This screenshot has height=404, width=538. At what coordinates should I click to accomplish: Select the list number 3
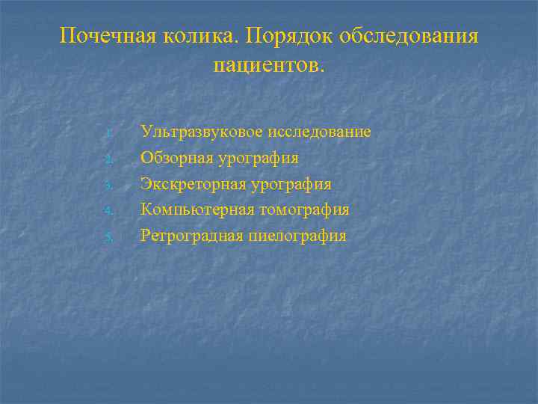point(108,186)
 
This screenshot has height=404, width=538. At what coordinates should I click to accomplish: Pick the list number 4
point(108,211)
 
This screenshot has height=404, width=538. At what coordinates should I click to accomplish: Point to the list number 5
point(108,238)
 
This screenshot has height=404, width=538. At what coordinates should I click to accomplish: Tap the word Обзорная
point(177,158)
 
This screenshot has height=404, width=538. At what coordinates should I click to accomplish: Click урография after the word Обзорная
point(259,159)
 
